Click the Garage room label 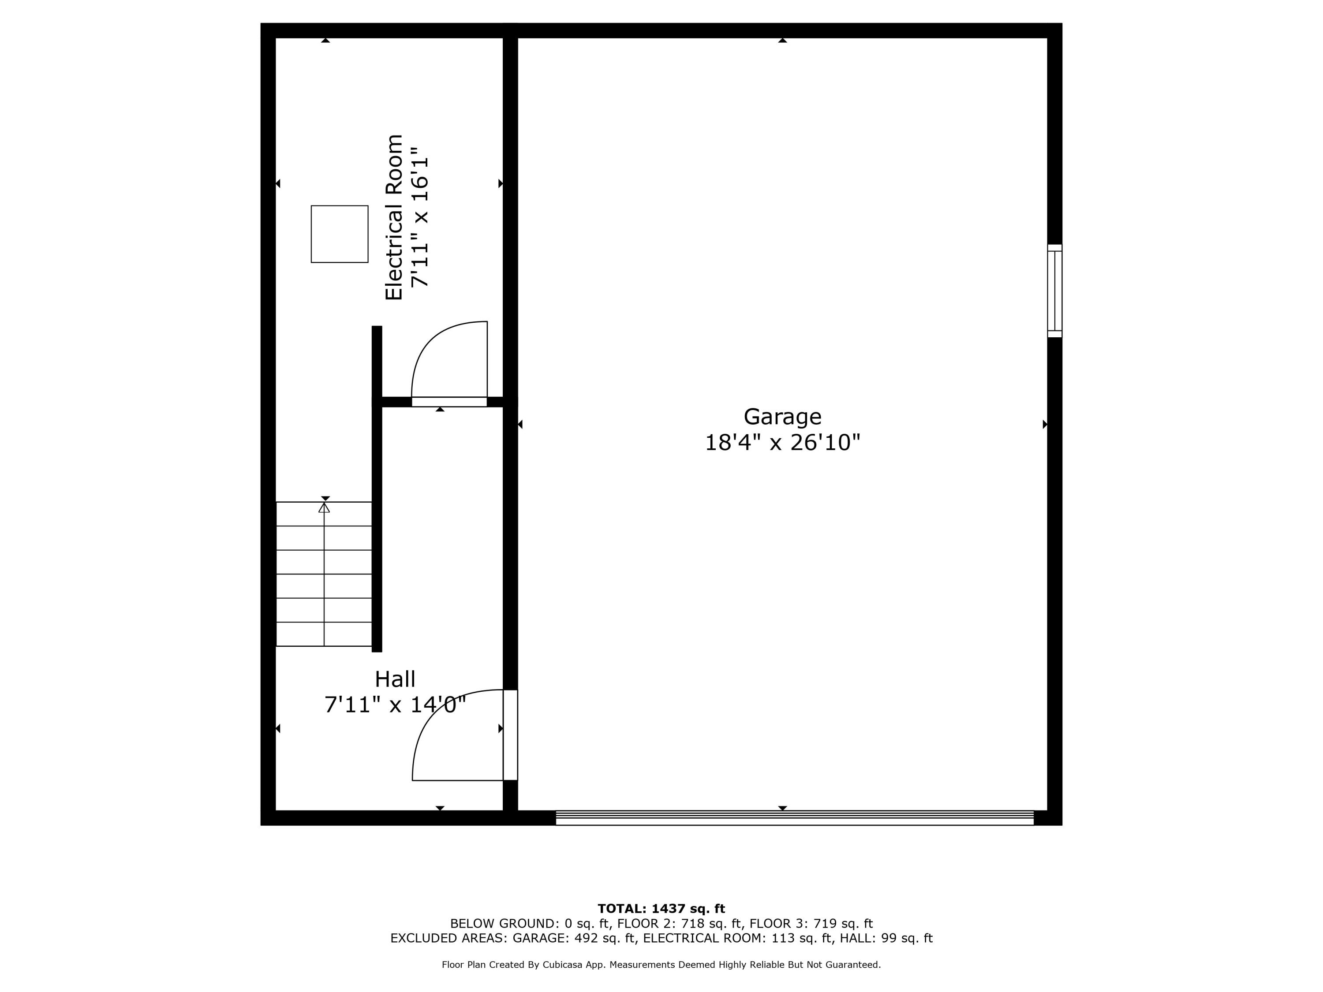[x=782, y=417]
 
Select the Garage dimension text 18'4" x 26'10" [x=782, y=443]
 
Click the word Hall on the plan [x=395, y=679]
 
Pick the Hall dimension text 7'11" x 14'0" [x=395, y=705]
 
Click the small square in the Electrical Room [x=339, y=234]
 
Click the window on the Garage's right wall [x=1054, y=291]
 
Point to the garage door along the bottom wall [x=794, y=818]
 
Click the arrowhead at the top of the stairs [x=324, y=507]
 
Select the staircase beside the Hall [x=324, y=574]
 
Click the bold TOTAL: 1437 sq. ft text [x=661, y=909]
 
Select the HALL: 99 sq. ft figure [x=886, y=938]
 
